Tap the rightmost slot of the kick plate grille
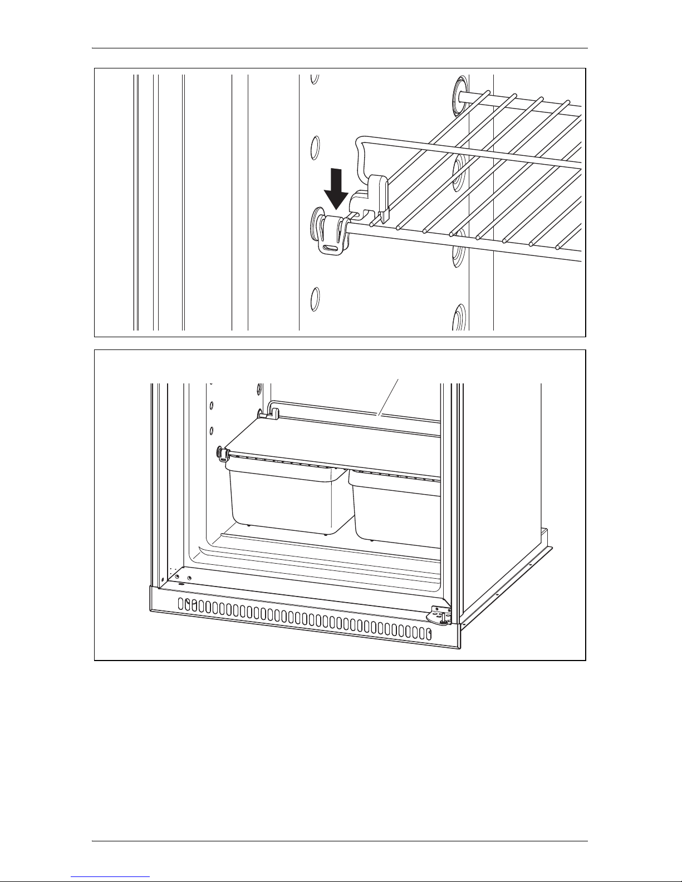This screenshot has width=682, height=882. [429, 633]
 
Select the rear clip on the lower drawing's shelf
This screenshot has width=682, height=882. [273, 414]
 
